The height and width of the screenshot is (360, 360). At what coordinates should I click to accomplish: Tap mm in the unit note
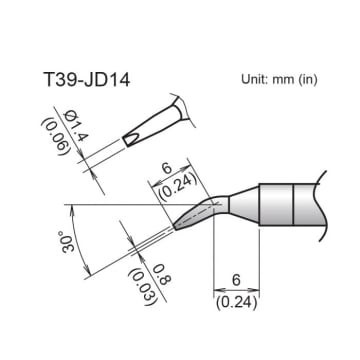(x=289, y=79)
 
